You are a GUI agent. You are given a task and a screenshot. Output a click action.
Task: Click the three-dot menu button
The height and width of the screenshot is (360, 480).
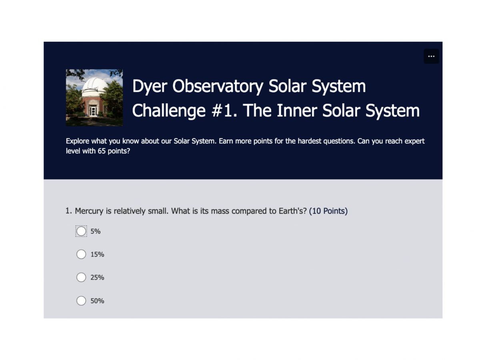(x=431, y=56)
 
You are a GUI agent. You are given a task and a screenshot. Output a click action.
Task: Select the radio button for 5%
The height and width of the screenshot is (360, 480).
(x=81, y=231)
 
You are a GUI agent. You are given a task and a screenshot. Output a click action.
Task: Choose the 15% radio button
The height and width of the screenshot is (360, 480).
(x=81, y=254)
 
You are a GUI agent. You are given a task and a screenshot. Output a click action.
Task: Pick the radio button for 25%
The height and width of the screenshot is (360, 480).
(x=81, y=278)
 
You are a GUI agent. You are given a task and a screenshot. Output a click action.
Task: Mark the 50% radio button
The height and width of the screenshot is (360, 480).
(x=81, y=301)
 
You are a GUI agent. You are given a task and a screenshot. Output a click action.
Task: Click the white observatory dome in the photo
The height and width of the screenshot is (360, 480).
(x=94, y=85)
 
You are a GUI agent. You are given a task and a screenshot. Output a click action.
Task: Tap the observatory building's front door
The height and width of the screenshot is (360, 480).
(x=94, y=110)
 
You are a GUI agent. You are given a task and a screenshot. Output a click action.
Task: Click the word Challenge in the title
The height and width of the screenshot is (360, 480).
(x=168, y=111)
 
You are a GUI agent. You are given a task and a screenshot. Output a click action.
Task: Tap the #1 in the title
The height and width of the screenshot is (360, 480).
(x=223, y=111)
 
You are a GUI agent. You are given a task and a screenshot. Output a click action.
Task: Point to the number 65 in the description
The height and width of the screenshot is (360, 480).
(x=102, y=152)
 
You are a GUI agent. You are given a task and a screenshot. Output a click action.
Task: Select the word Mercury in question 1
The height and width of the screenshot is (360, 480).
(x=89, y=211)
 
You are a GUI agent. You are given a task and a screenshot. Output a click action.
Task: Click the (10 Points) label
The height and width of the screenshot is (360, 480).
(x=328, y=211)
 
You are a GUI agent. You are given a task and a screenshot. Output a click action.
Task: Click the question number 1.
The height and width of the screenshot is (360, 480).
(x=68, y=211)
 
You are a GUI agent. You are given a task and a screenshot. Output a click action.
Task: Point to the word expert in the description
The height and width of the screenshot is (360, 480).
(x=414, y=141)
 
